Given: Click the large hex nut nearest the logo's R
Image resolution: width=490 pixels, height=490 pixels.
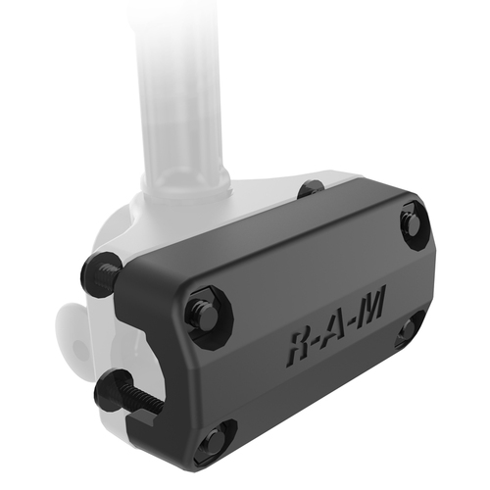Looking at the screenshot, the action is click(210, 313).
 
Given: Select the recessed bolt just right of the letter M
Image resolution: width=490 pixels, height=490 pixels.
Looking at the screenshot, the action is click(408, 329).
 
